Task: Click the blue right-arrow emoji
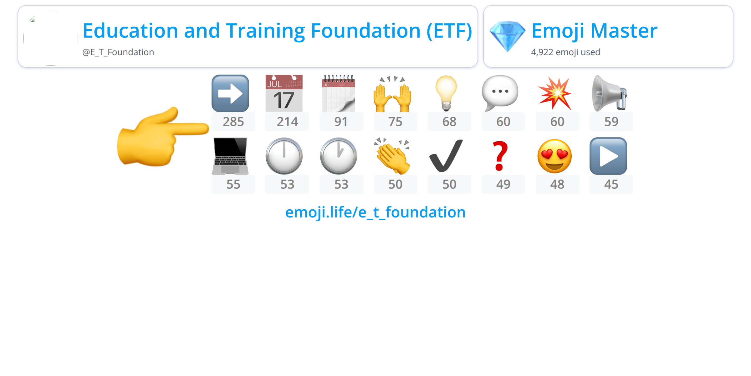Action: click(x=230, y=93)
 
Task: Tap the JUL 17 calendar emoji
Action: click(x=284, y=93)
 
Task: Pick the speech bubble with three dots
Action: click(x=500, y=93)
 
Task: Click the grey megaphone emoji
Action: click(x=609, y=93)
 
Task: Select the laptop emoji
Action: click(x=230, y=156)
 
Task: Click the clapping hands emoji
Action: click(x=392, y=156)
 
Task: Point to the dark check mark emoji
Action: click(x=446, y=156)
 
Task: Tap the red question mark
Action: click(x=500, y=156)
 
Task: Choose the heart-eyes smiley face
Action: click(x=554, y=156)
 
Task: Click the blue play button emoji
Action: click(x=608, y=156)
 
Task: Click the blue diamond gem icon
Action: click(x=507, y=36)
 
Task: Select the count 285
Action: click(x=233, y=122)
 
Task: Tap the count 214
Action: click(x=287, y=122)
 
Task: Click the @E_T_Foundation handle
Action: click(x=118, y=52)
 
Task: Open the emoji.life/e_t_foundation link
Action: click(x=375, y=212)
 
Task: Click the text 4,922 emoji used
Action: click(x=565, y=52)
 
